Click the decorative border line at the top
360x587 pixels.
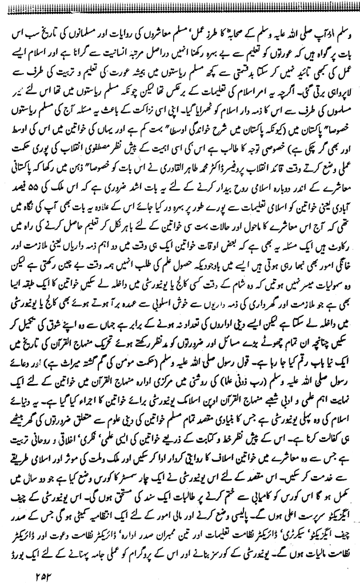(180, 5)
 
